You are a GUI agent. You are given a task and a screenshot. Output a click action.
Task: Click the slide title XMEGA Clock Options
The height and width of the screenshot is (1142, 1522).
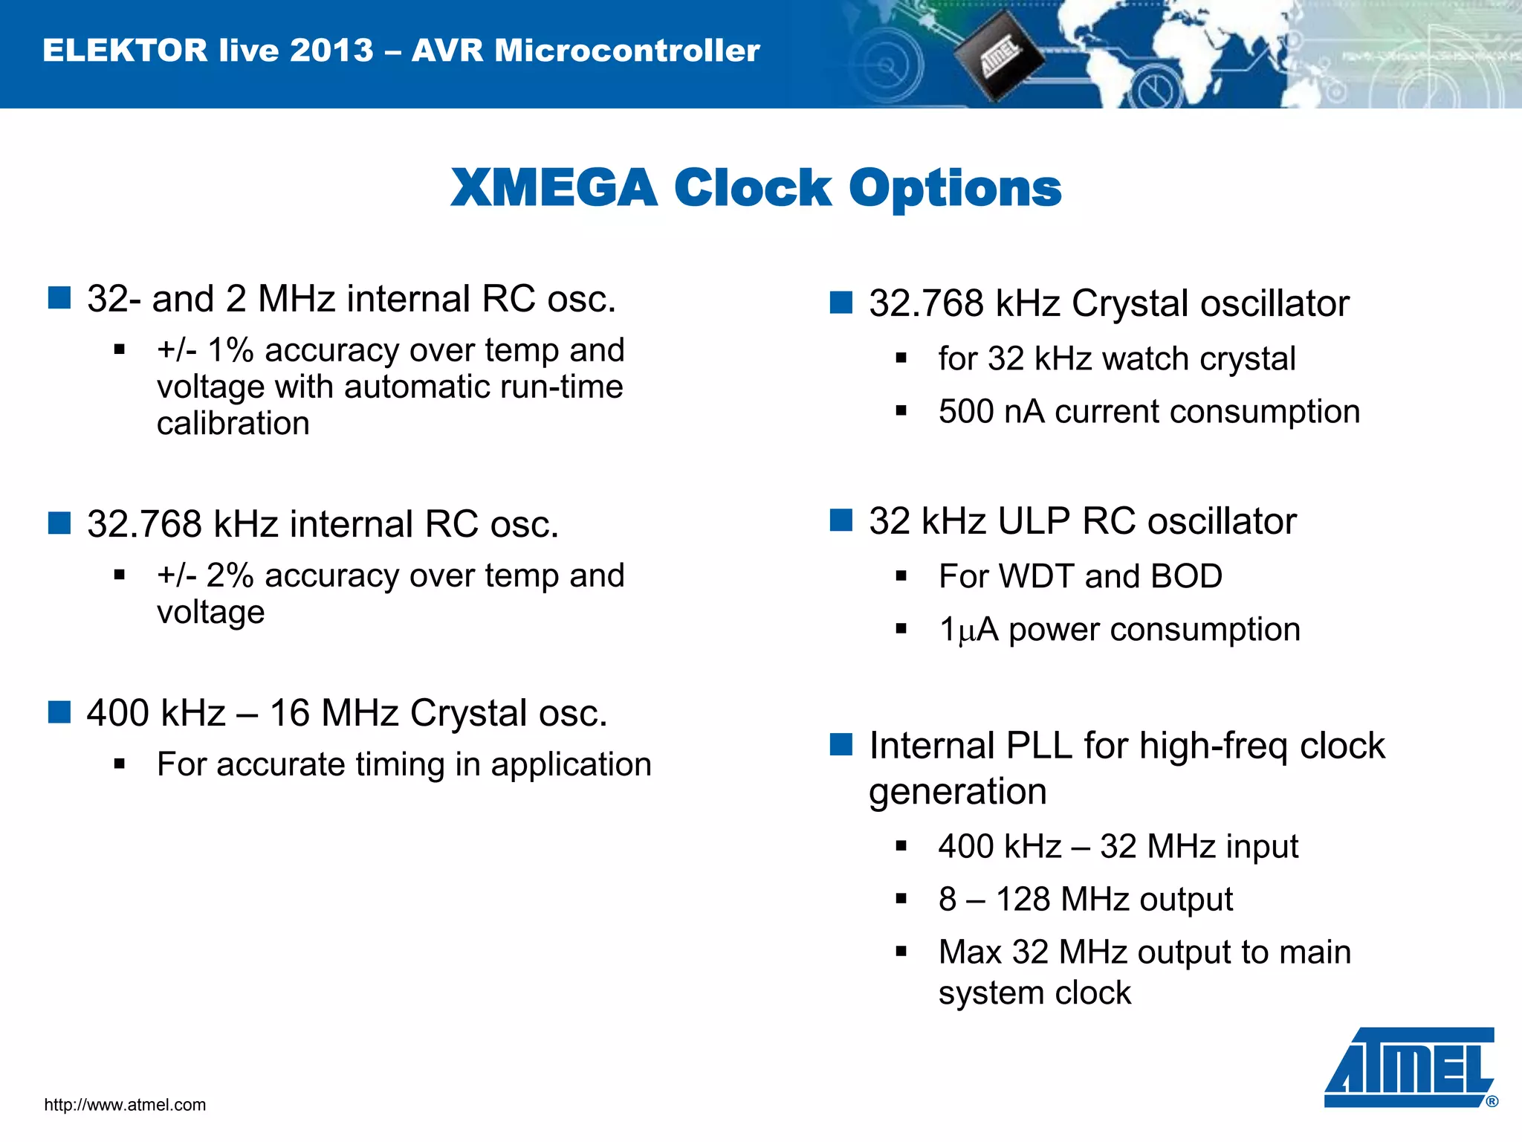[x=756, y=187]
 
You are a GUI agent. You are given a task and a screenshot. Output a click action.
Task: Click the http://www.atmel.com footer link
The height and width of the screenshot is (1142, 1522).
[x=125, y=1105]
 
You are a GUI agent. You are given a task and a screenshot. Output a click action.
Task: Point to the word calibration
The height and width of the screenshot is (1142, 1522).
[x=233, y=424]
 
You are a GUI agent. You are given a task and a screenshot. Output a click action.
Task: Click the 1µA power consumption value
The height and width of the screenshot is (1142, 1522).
[x=968, y=630]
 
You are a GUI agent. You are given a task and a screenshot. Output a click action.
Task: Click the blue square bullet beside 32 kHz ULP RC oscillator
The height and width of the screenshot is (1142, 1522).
[x=841, y=520]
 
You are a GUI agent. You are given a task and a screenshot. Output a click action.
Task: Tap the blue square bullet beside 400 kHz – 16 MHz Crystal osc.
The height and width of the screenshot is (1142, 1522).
[x=59, y=712]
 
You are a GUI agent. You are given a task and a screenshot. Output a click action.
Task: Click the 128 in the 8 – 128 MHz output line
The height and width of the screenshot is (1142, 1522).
[x=1023, y=900]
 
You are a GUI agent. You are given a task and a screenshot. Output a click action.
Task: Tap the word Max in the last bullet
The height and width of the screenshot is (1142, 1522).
[x=969, y=953]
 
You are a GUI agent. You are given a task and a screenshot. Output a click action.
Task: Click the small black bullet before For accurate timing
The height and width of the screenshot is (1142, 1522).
[x=120, y=764]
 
